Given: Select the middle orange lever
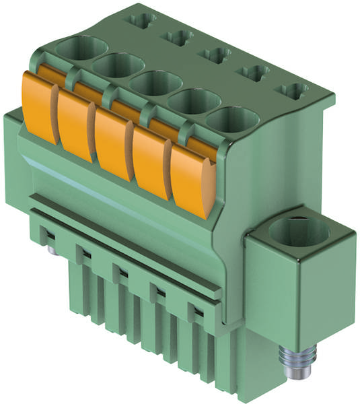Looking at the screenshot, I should [x=110, y=142].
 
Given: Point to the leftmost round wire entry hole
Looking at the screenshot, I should [x=82, y=50].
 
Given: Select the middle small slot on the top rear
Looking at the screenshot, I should [x=217, y=54].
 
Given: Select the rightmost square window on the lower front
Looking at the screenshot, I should [x=195, y=311].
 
